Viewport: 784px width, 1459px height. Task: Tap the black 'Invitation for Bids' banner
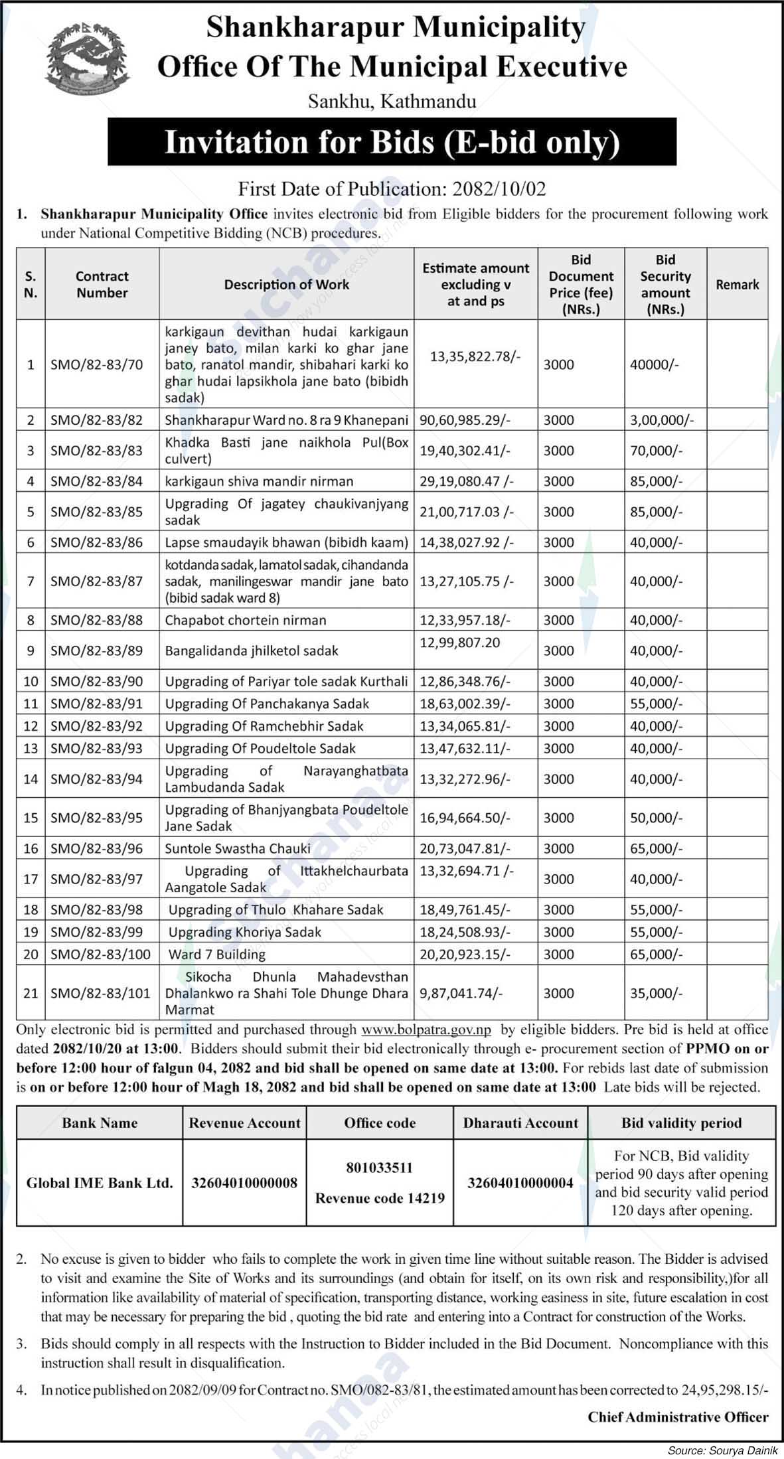[x=392, y=142]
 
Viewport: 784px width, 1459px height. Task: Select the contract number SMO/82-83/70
[x=96, y=364]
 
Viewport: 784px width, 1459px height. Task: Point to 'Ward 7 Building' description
[x=216, y=955]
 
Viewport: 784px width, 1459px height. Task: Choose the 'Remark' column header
[x=737, y=285]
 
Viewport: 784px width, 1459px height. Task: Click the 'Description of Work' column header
[x=286, y=285]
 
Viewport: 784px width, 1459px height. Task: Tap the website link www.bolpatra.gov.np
[x=426, y=1030]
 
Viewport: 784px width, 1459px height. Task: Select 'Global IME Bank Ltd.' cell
[x=100, y=1182]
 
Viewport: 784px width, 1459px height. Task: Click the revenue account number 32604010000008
[x=245, y=1182]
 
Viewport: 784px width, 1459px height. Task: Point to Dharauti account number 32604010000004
[x=520, y=1182]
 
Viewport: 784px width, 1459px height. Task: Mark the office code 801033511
[x=379, y=1167]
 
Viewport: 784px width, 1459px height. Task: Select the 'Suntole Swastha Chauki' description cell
[x=238, y=848]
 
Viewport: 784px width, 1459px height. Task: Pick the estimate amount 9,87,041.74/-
[x=461, y=993]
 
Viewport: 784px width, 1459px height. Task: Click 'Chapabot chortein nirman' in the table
[x=246, y=621]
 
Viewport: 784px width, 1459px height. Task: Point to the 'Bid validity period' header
[x=681, y=1123]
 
